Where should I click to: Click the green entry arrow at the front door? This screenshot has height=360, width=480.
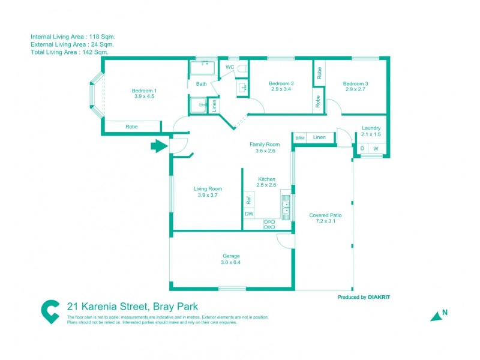(158, 146)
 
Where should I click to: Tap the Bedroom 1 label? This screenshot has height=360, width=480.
(144, 91)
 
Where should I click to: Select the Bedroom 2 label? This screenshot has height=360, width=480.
(281, 83)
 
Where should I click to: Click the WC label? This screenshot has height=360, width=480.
(229, 67)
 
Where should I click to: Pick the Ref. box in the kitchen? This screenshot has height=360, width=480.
(248, 200)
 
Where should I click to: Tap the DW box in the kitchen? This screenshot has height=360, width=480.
(249, 214)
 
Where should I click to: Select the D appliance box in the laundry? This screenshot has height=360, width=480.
(362, 149)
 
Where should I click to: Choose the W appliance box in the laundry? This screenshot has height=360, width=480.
(376, 149)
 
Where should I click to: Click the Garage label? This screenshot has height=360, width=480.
(231, 256)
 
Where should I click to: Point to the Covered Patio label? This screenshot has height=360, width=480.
(325, 215)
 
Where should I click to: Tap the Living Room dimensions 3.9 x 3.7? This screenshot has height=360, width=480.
(207, 194)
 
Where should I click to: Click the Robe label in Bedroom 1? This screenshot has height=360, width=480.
(131, 127)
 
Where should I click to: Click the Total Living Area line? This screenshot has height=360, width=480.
(69, 52)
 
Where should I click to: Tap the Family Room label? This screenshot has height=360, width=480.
(265, 145)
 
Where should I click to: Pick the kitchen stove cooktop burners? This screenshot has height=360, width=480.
(269, 224)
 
